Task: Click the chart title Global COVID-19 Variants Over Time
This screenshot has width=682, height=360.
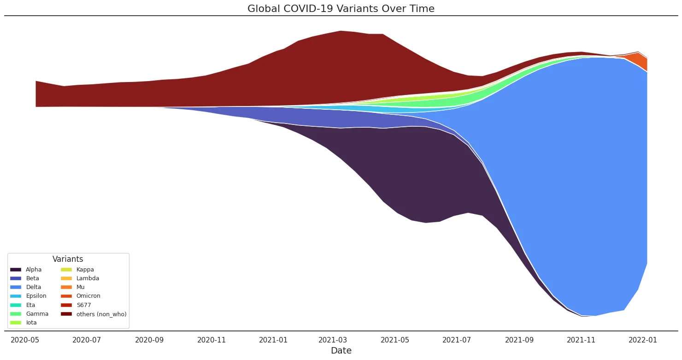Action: click(x=341, y=8)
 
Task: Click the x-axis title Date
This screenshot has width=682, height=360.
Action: click(x=341, y=351)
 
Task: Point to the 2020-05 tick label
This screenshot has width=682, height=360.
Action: click(x=25, y=341)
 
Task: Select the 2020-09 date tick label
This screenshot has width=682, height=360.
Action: click(x=149, y=341)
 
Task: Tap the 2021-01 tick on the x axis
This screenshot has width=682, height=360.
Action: click(x=273, y=341)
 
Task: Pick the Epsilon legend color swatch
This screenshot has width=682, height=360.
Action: click(x=16, y=296)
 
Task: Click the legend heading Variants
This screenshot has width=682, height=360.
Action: click(x=68, y=260)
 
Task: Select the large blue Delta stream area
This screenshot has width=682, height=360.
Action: click(x=576, y=184)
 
